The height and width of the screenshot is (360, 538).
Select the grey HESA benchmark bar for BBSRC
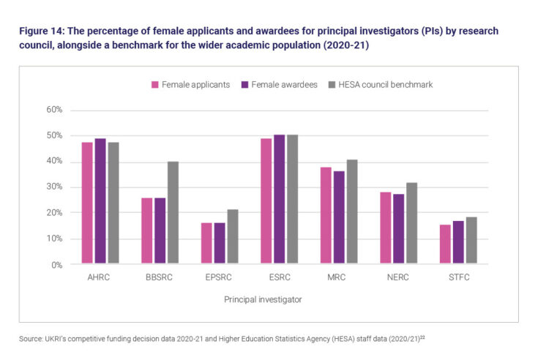click(x=172, y=212)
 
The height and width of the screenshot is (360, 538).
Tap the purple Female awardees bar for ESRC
click(x=279, y=199)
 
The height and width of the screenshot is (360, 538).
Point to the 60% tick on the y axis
click(x=55, y=110)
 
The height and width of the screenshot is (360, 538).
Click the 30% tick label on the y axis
click(x=55, y=187)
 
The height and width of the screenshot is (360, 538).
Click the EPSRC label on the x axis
click(x=219, y=278)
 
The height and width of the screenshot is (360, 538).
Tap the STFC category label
click(x=457, y=278)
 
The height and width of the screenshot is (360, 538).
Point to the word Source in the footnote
click(x=31, y=337)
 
